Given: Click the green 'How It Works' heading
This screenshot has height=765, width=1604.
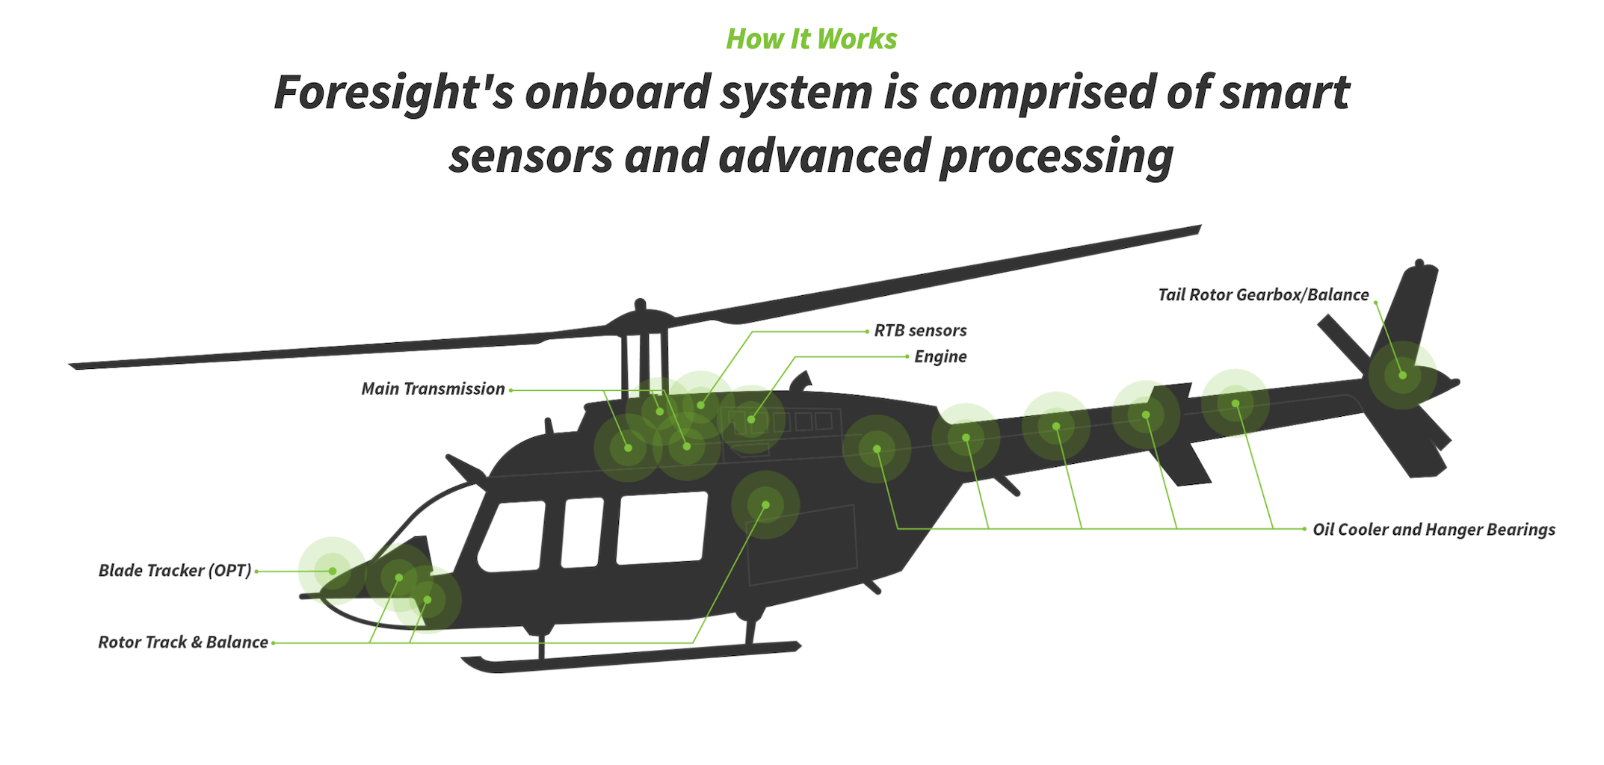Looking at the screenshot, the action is (x=812, y=39).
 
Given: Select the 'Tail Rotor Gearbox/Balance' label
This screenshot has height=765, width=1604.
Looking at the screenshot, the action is (x=1263, y=295).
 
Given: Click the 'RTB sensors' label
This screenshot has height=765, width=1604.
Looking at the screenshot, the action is (x=920, y=330).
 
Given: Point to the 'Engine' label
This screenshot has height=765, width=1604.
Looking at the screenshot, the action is (x=940, y=357).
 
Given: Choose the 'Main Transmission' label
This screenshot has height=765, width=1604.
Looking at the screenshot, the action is (x=433, y=389).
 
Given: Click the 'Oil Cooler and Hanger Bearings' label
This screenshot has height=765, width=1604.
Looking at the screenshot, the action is (x=1434, y=530).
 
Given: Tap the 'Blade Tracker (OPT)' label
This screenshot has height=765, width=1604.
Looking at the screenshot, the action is (x=175, y=571).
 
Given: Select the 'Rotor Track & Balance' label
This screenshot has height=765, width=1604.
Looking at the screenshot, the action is (x=183, y=642).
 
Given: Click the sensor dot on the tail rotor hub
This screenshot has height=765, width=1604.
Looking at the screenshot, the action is (x=1402, y=375).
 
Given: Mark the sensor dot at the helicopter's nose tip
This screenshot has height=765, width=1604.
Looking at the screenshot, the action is (x=333, y=571).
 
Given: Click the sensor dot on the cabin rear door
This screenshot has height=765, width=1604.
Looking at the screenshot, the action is (x=765, y=505).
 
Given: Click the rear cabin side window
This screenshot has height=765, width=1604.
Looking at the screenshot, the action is (x=662, y=527).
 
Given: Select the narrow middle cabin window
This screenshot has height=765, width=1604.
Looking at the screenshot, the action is (x=582, y=532).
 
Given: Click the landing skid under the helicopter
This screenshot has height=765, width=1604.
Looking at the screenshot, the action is (x=632, y=657).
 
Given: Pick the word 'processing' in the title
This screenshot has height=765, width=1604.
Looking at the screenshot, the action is (x=1057, y=157).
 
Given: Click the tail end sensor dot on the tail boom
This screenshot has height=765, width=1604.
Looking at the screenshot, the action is (x=1236, y=403).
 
